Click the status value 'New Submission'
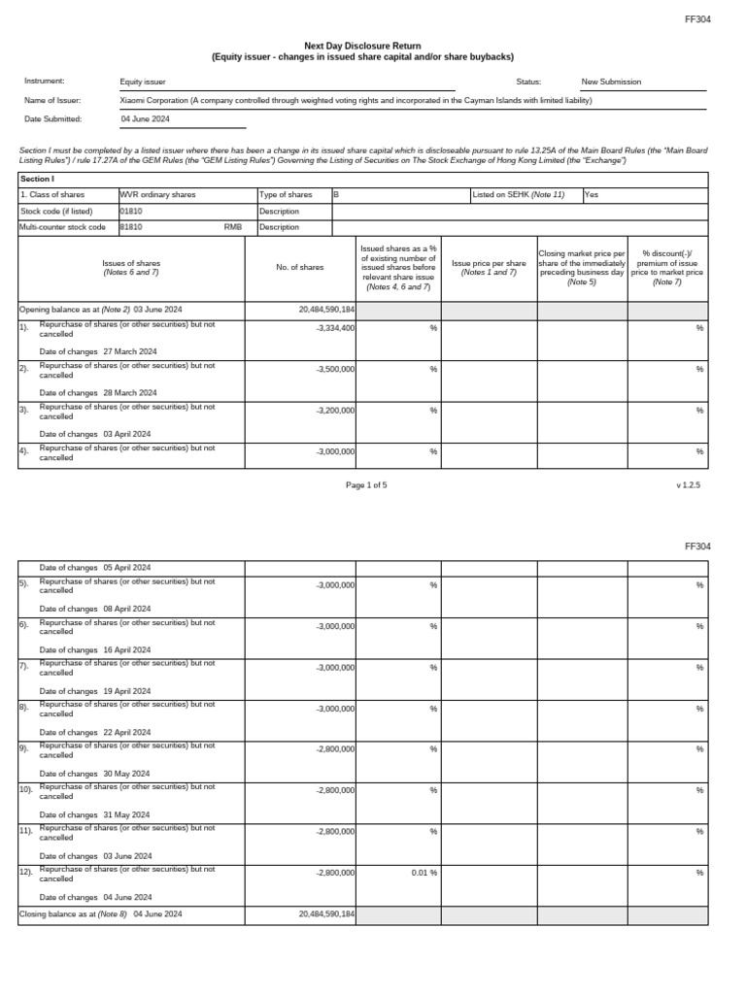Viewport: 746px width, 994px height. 611,83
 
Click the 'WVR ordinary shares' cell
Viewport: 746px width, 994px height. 156,194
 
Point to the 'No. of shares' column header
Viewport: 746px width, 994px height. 299,267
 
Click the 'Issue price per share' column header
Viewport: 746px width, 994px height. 489,267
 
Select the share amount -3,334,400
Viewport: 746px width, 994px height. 335,328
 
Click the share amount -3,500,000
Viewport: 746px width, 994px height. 335,370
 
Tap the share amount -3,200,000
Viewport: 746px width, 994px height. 335,411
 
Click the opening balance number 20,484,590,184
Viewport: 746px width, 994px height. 327,309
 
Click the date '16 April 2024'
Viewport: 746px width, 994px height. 126,649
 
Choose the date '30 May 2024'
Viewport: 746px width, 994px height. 126,774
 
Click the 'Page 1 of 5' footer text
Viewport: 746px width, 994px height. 366,484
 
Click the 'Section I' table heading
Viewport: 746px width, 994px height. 35,179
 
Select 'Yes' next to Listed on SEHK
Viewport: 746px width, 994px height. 592,194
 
